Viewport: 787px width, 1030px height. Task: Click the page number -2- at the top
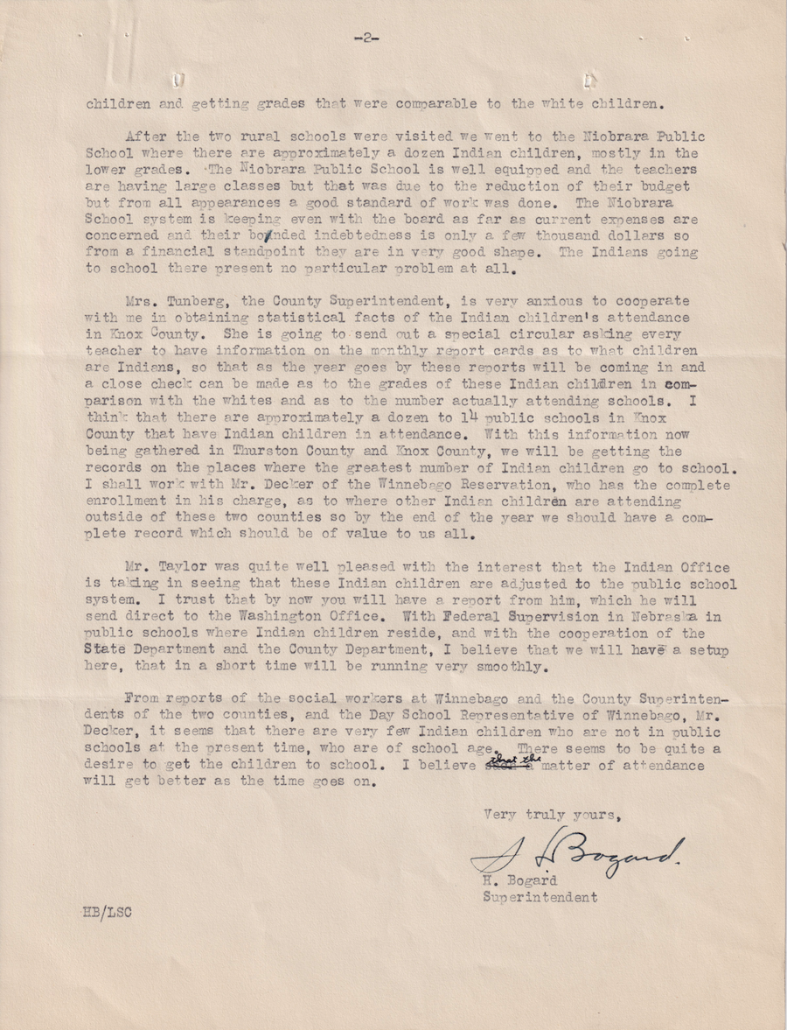(366, 37)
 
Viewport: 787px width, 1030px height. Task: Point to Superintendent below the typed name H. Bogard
(540, 897)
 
